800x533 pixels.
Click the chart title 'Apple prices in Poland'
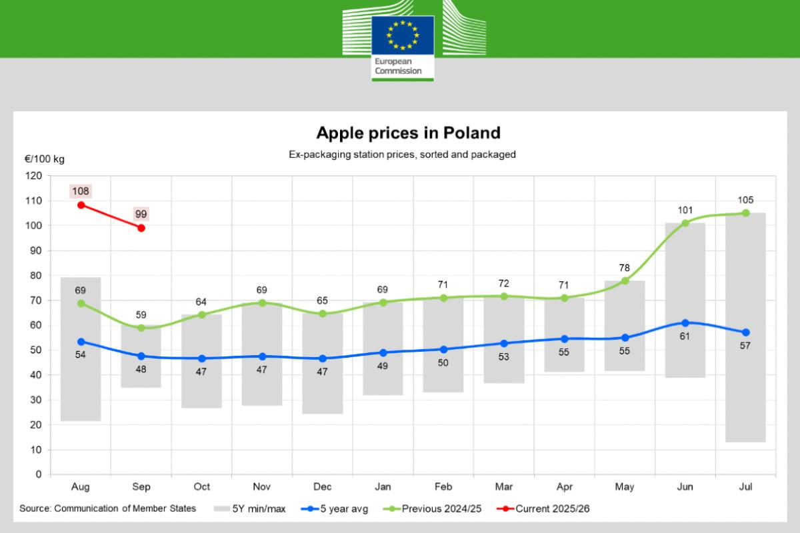[408, 133]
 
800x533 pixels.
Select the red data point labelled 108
[81, 205]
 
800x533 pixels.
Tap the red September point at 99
[141, 228]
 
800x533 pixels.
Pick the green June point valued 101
[685, 223]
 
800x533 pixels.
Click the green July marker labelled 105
[745, 213]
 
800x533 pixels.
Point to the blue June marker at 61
[685, 323]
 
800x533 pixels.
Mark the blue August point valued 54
[81, 342]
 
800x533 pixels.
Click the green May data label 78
[625, 268]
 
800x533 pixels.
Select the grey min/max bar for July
[745, 326]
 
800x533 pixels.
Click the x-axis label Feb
[443, 487]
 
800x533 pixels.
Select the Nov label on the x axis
[262, 487]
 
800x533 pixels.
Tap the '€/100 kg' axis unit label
[45, 159]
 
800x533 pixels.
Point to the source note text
[107, 508]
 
